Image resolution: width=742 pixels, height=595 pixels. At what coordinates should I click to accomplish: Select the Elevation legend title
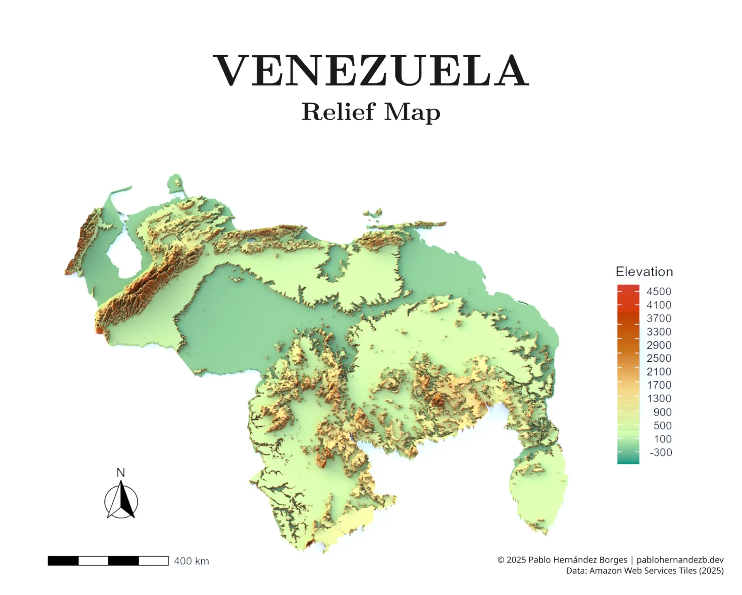pos(644,272)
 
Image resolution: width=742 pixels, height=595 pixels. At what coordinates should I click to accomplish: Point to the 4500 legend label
pos(659,291)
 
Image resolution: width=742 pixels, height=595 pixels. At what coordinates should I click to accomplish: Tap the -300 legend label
pos(660,452)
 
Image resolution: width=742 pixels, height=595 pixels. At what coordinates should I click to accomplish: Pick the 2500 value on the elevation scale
pos(659,358)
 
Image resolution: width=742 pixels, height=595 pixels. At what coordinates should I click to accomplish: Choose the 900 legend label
pos(662,412)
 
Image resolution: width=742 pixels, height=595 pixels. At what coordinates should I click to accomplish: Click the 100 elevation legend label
pos(662,439)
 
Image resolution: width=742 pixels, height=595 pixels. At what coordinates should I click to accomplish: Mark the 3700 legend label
pos(659,318)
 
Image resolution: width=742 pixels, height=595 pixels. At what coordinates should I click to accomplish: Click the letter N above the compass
pos(121,472)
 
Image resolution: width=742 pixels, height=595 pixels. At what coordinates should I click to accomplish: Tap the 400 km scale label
pos(191,561)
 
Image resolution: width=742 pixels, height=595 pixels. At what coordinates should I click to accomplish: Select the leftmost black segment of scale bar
pos(63,561)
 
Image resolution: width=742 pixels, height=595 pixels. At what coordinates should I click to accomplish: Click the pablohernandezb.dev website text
pos(680,560)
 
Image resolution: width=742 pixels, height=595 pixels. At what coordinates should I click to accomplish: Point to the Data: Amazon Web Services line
pos(644,571)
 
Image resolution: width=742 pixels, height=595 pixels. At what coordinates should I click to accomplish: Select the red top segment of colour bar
pos(628,294)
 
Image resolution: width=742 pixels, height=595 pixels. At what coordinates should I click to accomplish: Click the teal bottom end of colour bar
pos(628,460)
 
